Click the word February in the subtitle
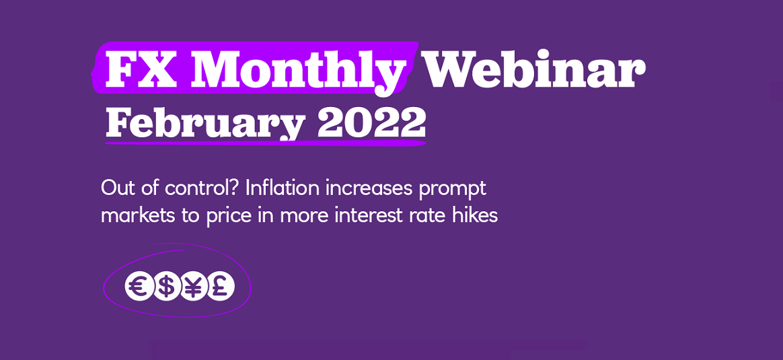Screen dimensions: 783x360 tap(204, 123)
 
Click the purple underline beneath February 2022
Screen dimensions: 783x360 tap(265, 143)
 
